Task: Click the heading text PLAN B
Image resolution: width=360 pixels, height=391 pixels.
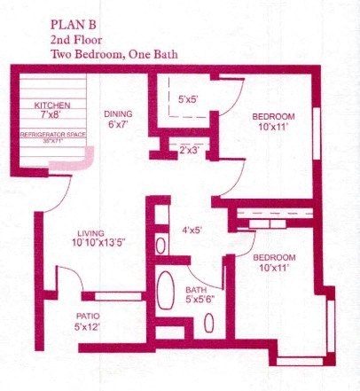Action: [76, 24]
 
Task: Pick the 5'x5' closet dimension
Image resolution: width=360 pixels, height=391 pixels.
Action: [188, 99]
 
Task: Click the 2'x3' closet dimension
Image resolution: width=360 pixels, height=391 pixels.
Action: [189, 150]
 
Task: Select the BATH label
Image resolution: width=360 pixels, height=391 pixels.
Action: [195, 290]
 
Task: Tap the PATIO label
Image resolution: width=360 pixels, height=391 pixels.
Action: [86, 316]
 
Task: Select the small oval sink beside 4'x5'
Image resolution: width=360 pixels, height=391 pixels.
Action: [160, 245]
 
